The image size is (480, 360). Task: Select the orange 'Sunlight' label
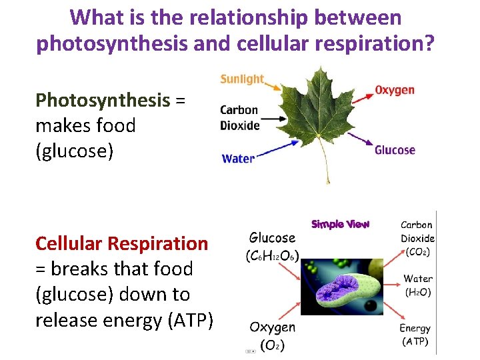click(242, 79)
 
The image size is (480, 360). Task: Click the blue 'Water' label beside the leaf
click(238, 159)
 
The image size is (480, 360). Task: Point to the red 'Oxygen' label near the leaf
click(395, 90)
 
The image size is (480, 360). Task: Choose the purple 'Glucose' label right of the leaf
click(395, 150)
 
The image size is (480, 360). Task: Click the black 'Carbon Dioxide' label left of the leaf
click(239, 118)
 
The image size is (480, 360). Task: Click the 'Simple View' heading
click(340, 224)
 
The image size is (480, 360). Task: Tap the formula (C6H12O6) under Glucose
click(272, 255)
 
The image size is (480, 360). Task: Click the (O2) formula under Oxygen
click(272, 345)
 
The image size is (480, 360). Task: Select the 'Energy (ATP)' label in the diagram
click(415, 335)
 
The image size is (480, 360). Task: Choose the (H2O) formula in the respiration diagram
click(417, 291)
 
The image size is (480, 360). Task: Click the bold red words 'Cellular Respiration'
click(121, 243)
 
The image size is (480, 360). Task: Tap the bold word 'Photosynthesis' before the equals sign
click(103, 100)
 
